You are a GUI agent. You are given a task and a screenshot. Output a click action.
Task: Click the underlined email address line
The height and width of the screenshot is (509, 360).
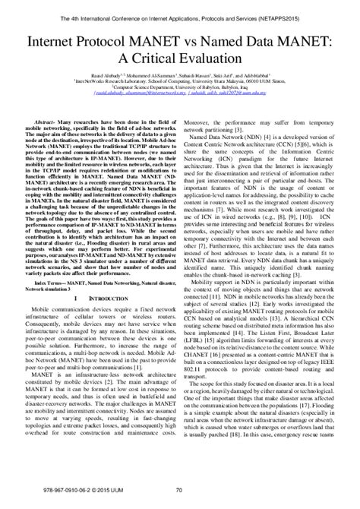coord(180,96)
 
